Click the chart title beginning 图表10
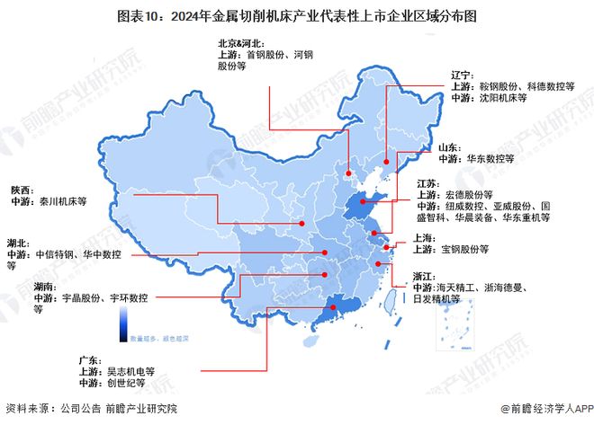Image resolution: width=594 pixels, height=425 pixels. point(298,15)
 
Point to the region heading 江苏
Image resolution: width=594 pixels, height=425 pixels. point(427,182)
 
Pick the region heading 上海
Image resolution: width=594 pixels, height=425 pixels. point(425,237)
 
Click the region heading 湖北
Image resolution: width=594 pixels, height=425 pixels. point(18,243)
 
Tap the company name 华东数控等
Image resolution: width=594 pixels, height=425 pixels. point(489,156)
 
